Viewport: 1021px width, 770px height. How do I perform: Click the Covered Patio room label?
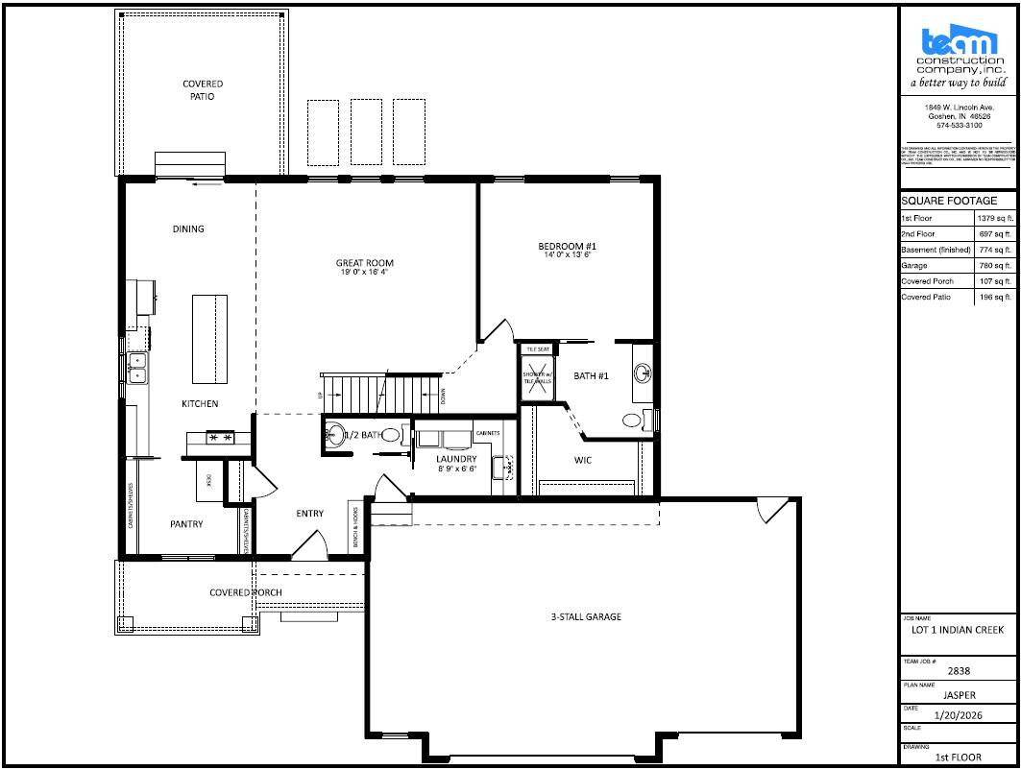[x=203, y=90]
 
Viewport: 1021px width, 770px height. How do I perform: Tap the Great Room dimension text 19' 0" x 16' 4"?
[x=364, y=273]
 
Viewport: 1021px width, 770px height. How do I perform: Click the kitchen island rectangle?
[x=210, y=338]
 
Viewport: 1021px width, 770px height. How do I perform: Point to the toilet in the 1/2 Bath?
[x=391, y=435]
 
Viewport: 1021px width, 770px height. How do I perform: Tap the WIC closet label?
[x=583, y=460]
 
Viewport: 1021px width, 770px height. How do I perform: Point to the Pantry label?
[x=186, y=524]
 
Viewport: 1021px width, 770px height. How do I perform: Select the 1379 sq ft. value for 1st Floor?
[x=995, y=219]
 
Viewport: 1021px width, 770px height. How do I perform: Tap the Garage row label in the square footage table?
[x=914, y=266]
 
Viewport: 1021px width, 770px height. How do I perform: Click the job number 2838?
[x=958, y=672]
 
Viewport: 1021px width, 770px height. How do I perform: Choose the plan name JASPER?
[x=958, y=694]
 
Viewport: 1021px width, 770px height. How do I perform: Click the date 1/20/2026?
[x=958, y=715]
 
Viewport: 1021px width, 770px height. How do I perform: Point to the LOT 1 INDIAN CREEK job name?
[x=958, y=631]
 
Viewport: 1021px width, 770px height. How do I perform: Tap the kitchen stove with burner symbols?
[x=220, y=437]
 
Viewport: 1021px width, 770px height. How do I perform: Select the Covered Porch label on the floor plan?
[x=246, y=592]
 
